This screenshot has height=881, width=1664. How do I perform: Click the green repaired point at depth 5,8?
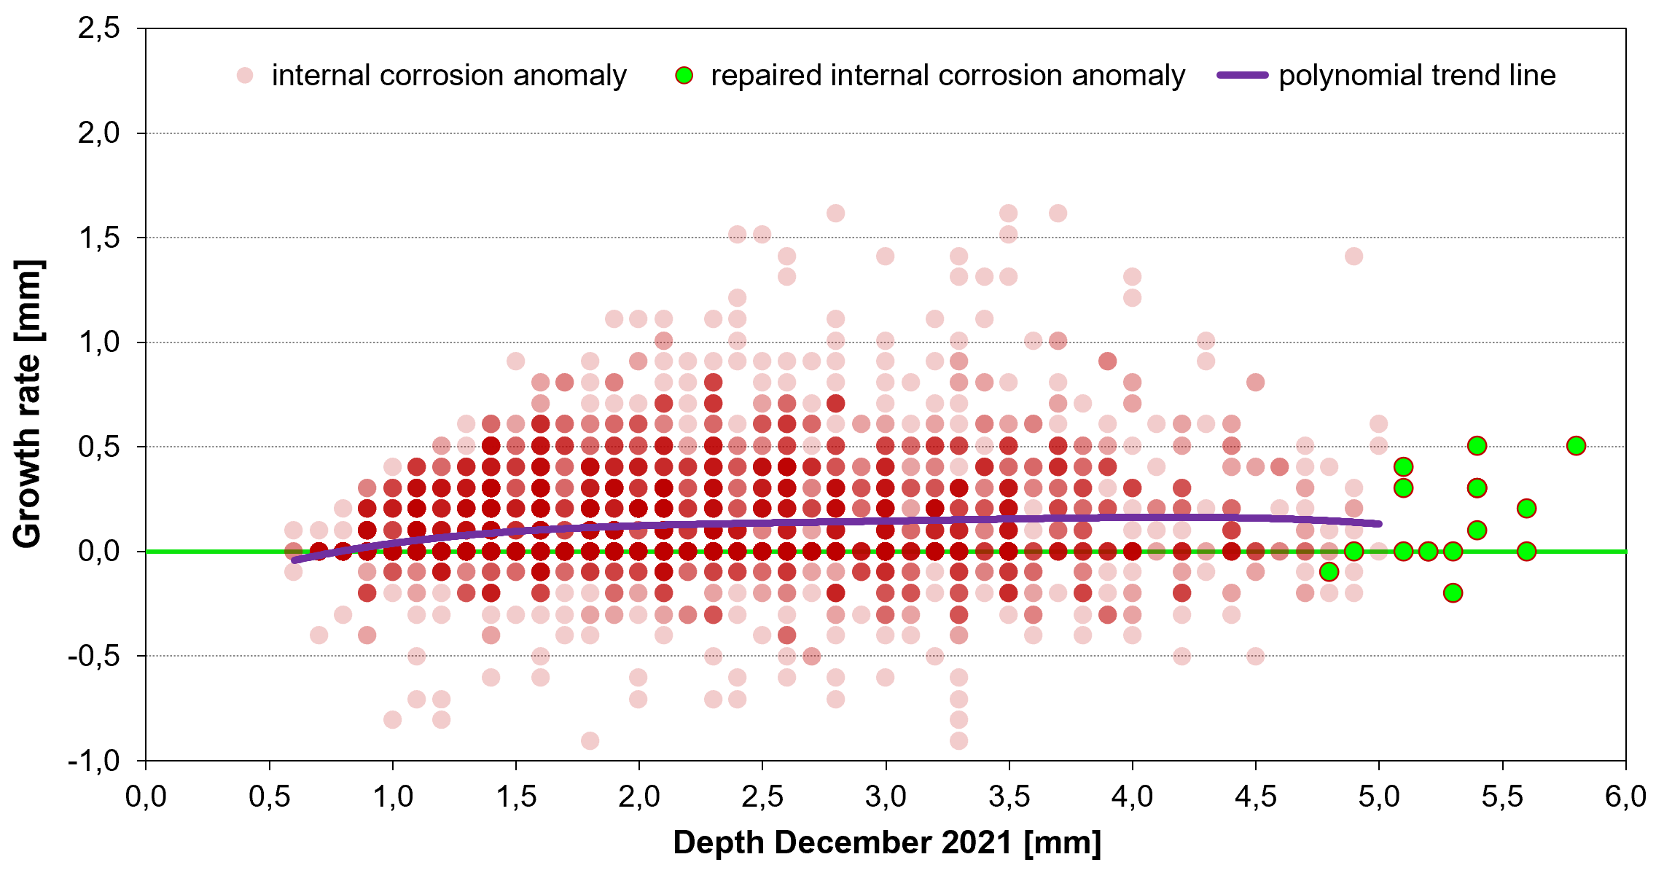click(1576, 445)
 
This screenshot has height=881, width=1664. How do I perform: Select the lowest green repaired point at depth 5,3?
click(1453, 592)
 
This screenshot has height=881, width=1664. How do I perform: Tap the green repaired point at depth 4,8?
click(1329, 572)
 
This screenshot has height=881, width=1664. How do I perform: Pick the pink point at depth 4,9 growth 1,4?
click(1354, 256)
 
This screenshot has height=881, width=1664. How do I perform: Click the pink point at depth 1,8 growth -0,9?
click(590, 740)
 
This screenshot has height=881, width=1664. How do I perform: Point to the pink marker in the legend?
click(245, 75)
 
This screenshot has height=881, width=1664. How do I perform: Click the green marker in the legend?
click(684, 75)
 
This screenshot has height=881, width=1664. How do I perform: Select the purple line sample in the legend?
click(1243, 75)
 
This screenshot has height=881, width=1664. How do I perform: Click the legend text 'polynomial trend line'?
click(1417, 75)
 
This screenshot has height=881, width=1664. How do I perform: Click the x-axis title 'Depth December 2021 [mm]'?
click(886, 842)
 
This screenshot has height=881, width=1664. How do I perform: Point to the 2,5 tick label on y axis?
click(99, 29)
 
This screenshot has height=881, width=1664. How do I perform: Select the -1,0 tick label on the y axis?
click(93, 761)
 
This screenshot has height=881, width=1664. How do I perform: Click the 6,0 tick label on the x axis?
click(1625, 796)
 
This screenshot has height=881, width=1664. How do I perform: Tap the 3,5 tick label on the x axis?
click(1009, 796)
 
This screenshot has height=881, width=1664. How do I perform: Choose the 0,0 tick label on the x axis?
click(146, 796)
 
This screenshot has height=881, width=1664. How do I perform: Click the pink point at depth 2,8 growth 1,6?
click(835, 213)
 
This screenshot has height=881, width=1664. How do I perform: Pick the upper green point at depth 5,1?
click(1403, 466)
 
